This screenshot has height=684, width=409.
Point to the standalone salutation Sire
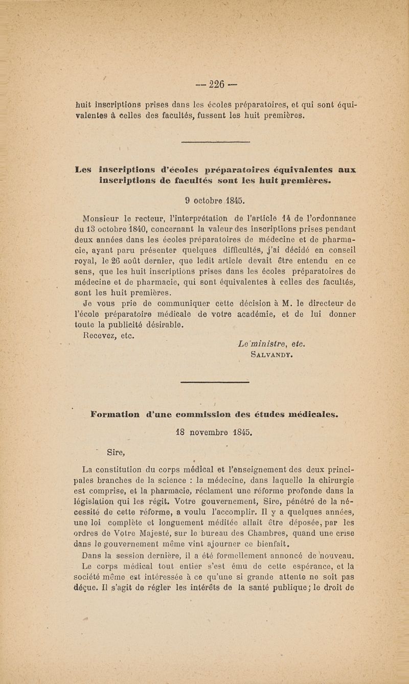click(117, 451)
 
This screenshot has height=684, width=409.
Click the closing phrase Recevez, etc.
click(108, 336)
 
